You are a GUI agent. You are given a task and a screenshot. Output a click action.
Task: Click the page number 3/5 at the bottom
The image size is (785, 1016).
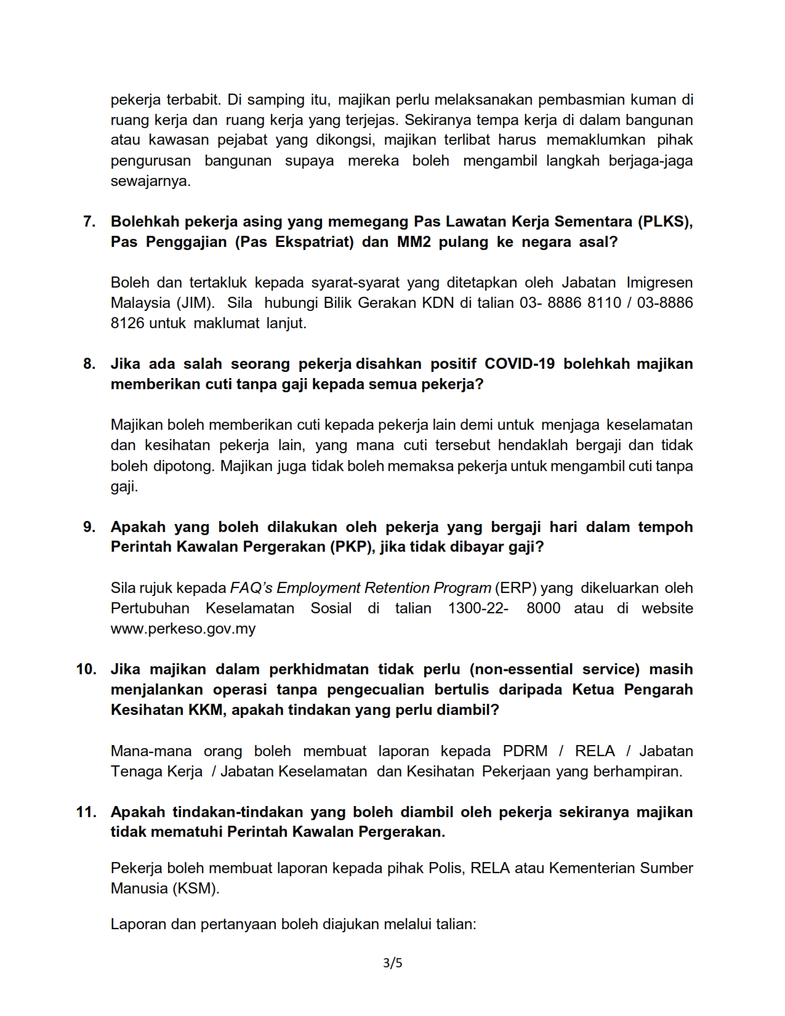pyautogui.click(x=392, y=963)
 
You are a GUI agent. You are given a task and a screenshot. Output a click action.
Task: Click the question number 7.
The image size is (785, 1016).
pyautogui.click(x=89, y=222)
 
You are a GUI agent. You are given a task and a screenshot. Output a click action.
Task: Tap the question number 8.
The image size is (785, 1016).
pyautogui.click(x=89, y=364)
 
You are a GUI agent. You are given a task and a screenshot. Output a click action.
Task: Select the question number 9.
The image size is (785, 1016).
pyautogui.click(x=89, y=527)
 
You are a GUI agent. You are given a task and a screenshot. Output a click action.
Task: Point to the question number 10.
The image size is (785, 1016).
pyautogui.click(x=86, y=669)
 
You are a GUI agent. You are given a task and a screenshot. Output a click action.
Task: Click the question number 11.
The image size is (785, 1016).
pyautogui.click(x=86, y=812)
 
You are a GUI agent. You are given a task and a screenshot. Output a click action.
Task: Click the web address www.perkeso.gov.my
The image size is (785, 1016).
pyautogui.click(x=183, y=629)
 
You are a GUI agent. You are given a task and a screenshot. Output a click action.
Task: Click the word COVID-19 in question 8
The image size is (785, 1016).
pyautogui.click(x=520, y=364)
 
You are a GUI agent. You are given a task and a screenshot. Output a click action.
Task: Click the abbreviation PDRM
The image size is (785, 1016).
pyautogui.click(x=525, y=751)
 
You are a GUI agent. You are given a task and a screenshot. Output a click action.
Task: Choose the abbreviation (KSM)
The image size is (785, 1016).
pyautogui.click(x=195, y=889)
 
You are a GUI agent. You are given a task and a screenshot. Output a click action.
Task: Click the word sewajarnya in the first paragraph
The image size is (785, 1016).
pyautogui.click(x=150, y=182)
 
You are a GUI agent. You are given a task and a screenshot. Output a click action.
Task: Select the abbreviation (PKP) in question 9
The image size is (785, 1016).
pyautogui.click(x=350, y=547)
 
